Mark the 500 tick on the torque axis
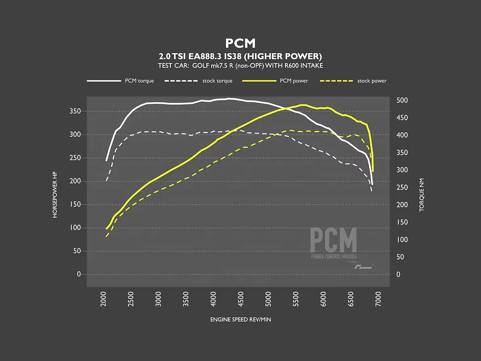(x=402, y=100)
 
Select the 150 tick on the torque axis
(x=402, y=222)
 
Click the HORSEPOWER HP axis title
(x=55, y=195)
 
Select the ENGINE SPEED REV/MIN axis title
(x=240, y=320)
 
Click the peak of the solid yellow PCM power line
(x=302, y=105)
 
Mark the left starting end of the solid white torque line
(x=106, y=161)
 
